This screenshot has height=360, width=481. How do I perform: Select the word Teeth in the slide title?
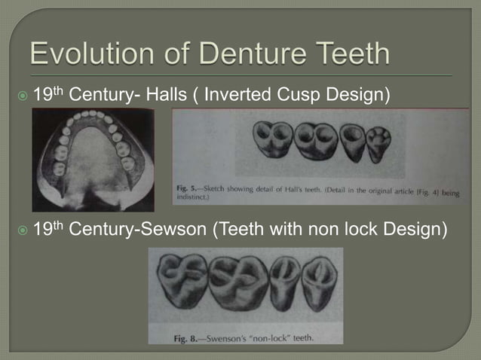point(351,55)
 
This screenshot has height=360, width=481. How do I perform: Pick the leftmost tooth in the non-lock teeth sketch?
point(182,279)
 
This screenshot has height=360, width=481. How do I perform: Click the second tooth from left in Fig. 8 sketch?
point(240,280)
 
